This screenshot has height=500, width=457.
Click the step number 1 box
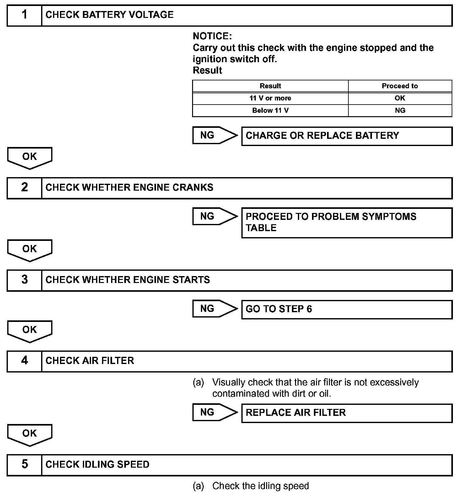(24, 15)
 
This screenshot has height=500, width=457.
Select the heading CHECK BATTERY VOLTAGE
(110, 15)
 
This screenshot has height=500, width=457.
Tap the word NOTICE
(212, 36)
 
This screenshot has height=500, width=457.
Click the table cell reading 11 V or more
(270, 98)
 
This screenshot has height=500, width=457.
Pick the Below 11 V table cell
(270, 111)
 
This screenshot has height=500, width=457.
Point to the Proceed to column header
(400, 86)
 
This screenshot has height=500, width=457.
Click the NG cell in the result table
(400, 111)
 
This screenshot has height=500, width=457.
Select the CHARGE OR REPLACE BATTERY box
(347, 136)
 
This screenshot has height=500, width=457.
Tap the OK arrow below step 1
(30, 157)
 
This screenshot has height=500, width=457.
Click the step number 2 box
(24, 188)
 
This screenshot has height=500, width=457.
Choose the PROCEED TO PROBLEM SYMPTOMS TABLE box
(347, 222)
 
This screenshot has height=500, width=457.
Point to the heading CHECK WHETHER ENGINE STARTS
(128, 280)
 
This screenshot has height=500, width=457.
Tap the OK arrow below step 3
(30, 330)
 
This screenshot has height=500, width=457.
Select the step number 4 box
(24, 361)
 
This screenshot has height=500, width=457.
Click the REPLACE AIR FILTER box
(347, 413)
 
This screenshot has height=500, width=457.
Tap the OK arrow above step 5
(30, 434)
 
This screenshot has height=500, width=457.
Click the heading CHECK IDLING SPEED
(97, 465)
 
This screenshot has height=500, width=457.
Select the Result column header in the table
(270, 86)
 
